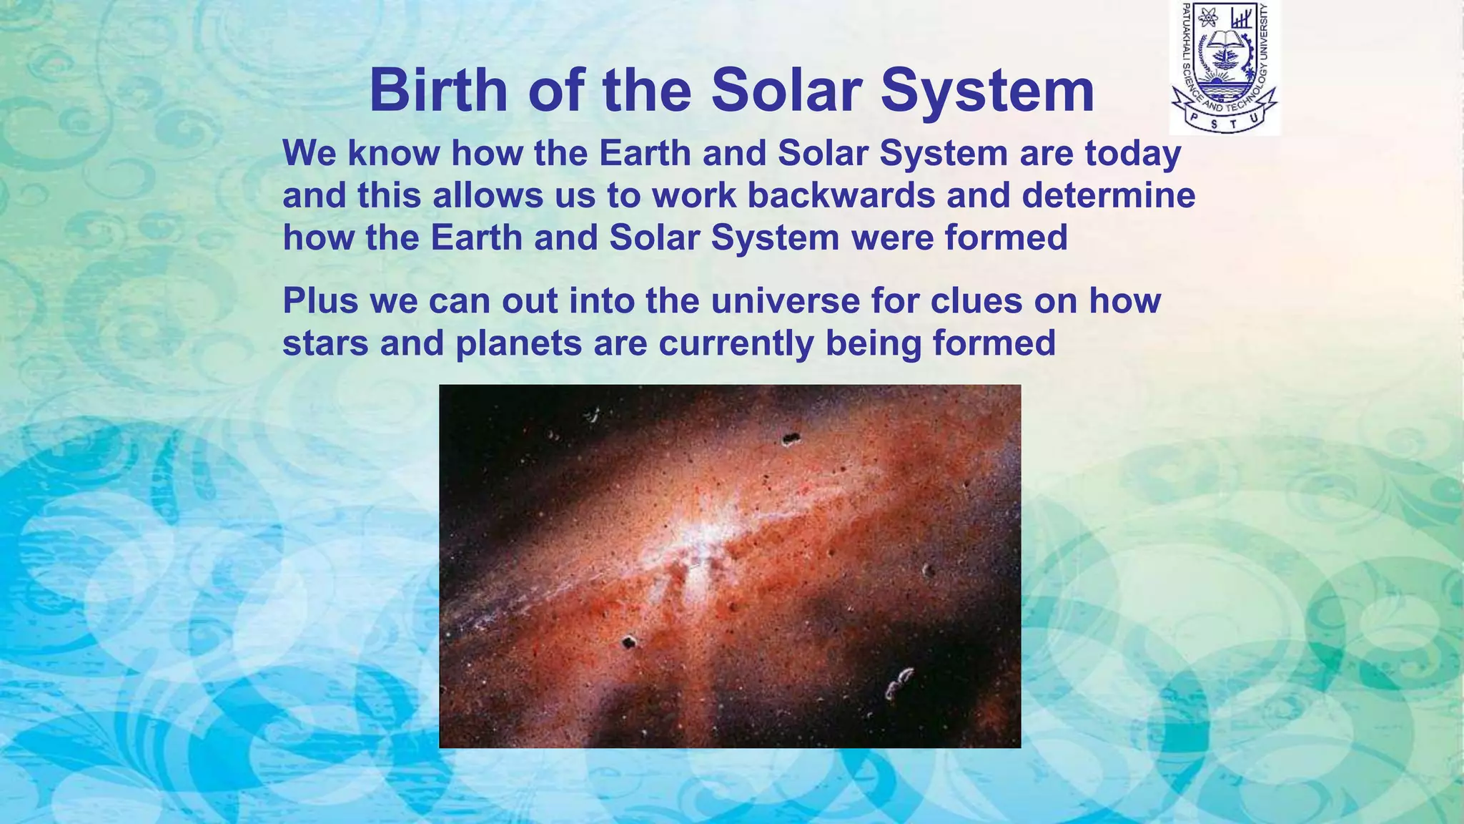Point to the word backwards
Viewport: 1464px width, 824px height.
pyautogui.click(x=841, y=196)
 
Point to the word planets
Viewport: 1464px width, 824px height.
pyautogui.click(x=518, y=343)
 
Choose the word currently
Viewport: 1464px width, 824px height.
pyautogui.click(x=736, y=343)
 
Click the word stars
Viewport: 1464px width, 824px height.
pyautogui.click(x=325, y=343)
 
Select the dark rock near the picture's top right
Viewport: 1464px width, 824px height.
pyautogui.click(x=789, y=439)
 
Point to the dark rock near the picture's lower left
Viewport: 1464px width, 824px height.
pyautogui.click(x=628, y=642)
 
